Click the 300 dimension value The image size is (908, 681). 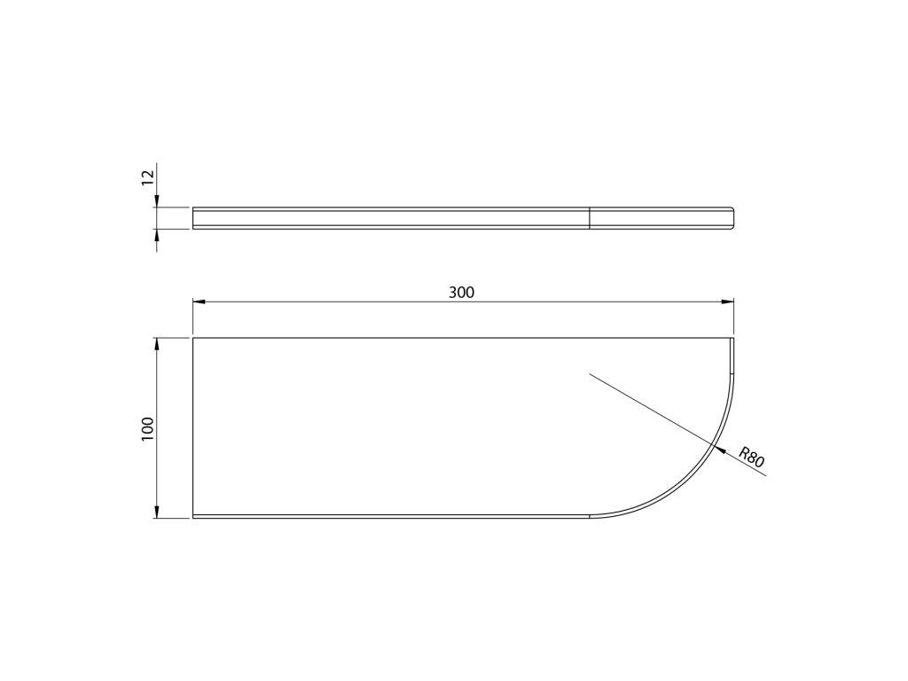(x=461, y=293)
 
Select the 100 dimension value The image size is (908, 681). (x=148, y=429)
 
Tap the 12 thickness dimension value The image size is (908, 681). (x=148, y=176)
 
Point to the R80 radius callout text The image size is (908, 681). (x=752, y=457)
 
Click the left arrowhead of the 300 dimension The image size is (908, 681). (x=200, y=301)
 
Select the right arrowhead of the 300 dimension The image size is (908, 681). (x=727, y=301)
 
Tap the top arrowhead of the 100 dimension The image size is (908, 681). (x=156, y=345)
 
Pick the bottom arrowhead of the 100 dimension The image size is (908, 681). (x=156, y=511)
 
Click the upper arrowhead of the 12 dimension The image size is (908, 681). (x=156, y=200)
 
